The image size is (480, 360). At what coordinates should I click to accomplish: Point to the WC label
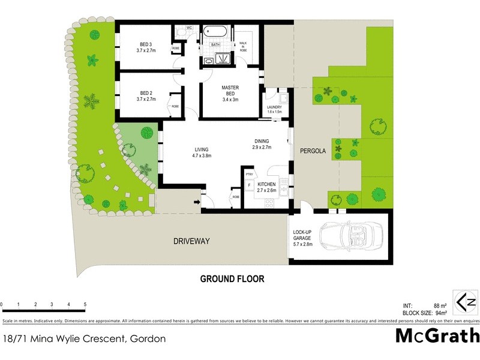[188, 28]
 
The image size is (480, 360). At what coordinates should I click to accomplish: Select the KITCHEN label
[266, 187]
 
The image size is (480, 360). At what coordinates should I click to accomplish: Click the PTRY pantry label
[249, 175]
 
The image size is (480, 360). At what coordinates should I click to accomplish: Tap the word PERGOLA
[313, 152]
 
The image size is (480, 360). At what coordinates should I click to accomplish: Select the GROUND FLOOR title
[232, 279]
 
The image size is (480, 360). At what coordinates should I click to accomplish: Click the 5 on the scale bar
[85, 304]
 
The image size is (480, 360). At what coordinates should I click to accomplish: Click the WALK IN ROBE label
[244, 47]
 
